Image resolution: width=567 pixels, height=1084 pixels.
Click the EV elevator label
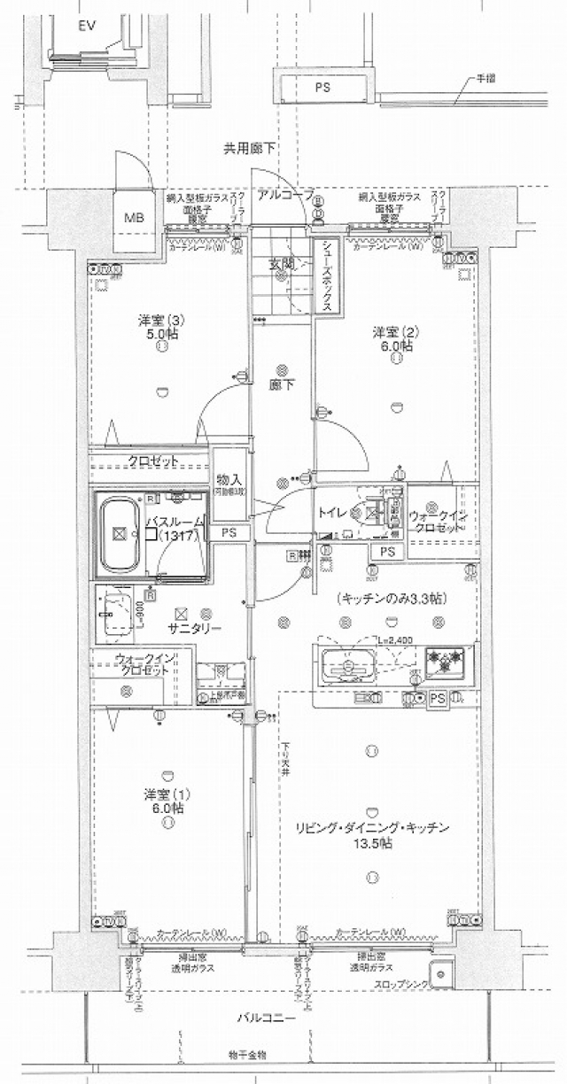point(86,27)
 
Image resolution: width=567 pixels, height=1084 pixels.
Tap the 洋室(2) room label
point(394,332)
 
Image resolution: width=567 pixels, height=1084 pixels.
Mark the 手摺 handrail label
point(485,79)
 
